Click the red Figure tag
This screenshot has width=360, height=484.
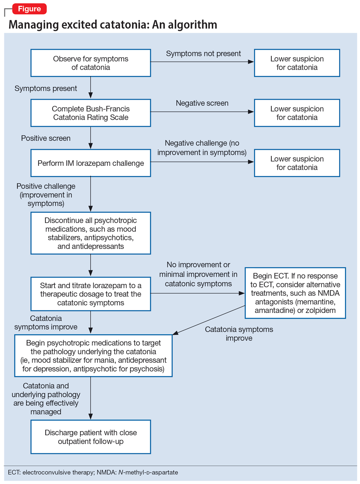pyautogui.click(x=29, y=9)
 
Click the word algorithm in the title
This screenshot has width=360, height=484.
pyautogui.click(x=192, y=25)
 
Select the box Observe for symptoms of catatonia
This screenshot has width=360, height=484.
pyautogui.click(x=91, y=63)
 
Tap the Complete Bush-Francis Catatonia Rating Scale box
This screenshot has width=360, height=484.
pyautogui.click(x=91, y=113)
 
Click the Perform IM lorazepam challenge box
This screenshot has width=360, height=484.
pyautogui.click(x=91, y=163)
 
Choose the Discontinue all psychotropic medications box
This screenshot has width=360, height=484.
pyautogui.click(x=91, y=233)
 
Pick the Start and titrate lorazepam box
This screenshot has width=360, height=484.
pyautogui.click(x=91, y=294)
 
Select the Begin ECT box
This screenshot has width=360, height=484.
pyautogui.click(x=295, y=293)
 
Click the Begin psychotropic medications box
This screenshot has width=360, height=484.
pyautogui.click(x=93, y=356)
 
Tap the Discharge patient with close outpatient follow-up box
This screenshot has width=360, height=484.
pyautogui.click(x=91, y=437)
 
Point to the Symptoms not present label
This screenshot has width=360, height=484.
pyautogui.click(x=203, y=54)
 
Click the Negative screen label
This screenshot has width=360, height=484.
pyautogui.click(x=202, y=103)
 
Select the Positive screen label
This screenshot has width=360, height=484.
pyautogui.click(x=46, y=138)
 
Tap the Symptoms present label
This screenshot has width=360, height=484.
pyautogui.click(x=46, y=89)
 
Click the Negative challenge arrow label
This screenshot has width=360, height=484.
pyautogui.click(x=202, y=148)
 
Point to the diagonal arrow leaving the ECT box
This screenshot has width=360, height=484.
pyautogui.click(x=209, y=320)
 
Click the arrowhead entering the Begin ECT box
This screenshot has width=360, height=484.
pyautogui.click(x=242, y=293)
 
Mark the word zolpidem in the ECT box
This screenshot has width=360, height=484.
pyautogui.click(x=320, y=310)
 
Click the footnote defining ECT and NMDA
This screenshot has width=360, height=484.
pyautogui.click(x=93, y=473)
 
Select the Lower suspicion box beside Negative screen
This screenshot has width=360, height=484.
pyautogui.click(x=297, y=113)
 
